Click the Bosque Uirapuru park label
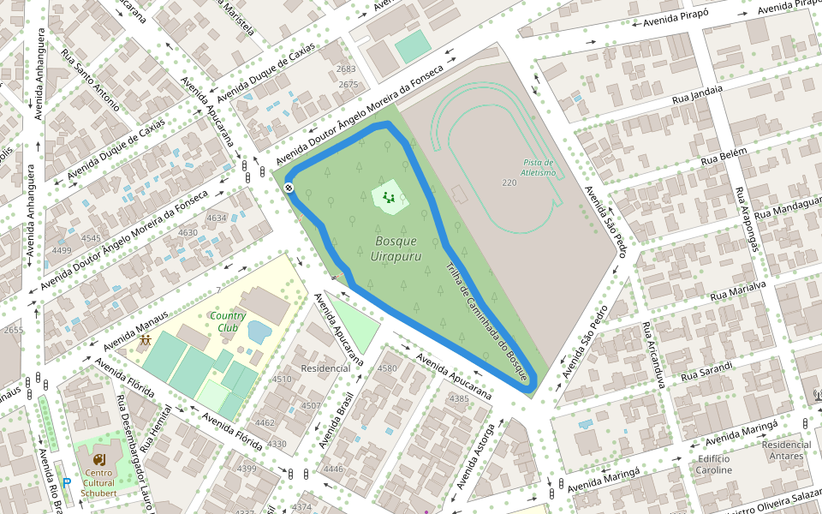(x=396, y=248)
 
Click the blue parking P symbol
(x=66, y=483)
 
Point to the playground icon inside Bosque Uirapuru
(x=389, y=199)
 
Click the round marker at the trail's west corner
(x=290, y=188)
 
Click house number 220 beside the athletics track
(x=509, y=182)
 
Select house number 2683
(x=346, y=69)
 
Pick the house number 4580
(x=387, y=368)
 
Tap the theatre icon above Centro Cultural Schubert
(x=98, y=459)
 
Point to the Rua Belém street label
(x=724, y=157)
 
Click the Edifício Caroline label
(x=713, y=464)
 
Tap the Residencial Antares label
(x=787, y=450)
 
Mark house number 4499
(x=62, y=250)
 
